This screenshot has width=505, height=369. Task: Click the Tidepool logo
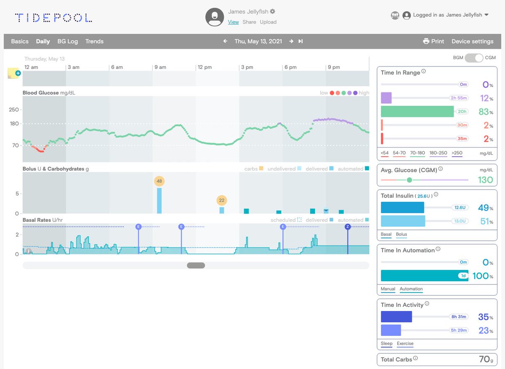coord(53,18)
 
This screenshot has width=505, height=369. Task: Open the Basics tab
coord(20,41)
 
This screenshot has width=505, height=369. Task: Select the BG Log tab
coord(67,41)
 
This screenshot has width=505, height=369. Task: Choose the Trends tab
coord(94,41)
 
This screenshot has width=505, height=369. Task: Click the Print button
coord(433,41)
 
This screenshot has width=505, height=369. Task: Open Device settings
coord(472,41)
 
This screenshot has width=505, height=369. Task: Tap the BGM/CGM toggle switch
coord(473,58)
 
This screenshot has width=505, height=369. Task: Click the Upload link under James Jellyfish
coord(268,22)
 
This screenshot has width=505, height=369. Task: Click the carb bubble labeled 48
coord(159,182)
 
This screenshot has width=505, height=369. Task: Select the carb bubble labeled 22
coord(222,200)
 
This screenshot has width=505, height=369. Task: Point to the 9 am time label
coord(160,67)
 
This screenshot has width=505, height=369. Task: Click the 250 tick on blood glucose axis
coord(14,110)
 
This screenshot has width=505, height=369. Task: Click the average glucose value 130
coord(485,180)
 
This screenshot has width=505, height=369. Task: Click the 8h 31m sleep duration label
coord(459,317)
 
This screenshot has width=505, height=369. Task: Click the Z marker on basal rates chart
coord(348,227)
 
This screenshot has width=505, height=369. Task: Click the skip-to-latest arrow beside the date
coord(300,41)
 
